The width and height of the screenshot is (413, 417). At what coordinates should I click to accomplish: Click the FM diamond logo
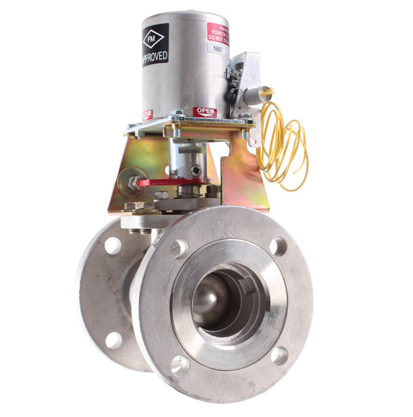point(156,40)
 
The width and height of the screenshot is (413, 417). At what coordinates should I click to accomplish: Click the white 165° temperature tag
point(218,48)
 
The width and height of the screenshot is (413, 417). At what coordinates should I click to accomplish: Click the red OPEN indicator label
point(205,112)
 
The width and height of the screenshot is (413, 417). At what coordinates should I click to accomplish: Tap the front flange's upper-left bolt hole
point(179,249)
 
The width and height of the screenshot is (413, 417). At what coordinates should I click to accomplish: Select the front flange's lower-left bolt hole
point(180,366)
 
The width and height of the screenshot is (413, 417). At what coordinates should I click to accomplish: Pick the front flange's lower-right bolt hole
point(279,355)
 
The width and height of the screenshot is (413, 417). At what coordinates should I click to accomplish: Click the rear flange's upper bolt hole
point(112,245)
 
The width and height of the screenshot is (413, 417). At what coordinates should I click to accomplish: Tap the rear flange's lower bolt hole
point(113,340)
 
